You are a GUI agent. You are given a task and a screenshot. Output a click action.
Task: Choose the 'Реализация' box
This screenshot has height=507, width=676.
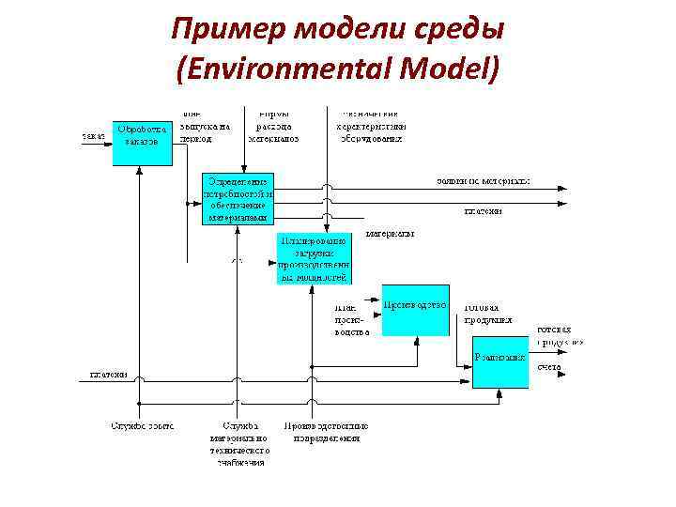click(499, 362)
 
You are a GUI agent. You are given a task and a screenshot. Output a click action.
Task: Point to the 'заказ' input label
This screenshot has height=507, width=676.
click(94, 134)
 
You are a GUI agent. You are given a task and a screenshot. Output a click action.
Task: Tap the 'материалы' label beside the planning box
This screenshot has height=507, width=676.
click(390, 234)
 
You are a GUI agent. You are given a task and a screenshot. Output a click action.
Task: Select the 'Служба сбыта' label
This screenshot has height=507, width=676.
click(143, 424)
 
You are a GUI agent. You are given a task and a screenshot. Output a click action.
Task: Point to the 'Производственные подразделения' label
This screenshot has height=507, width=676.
click(327, 431)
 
